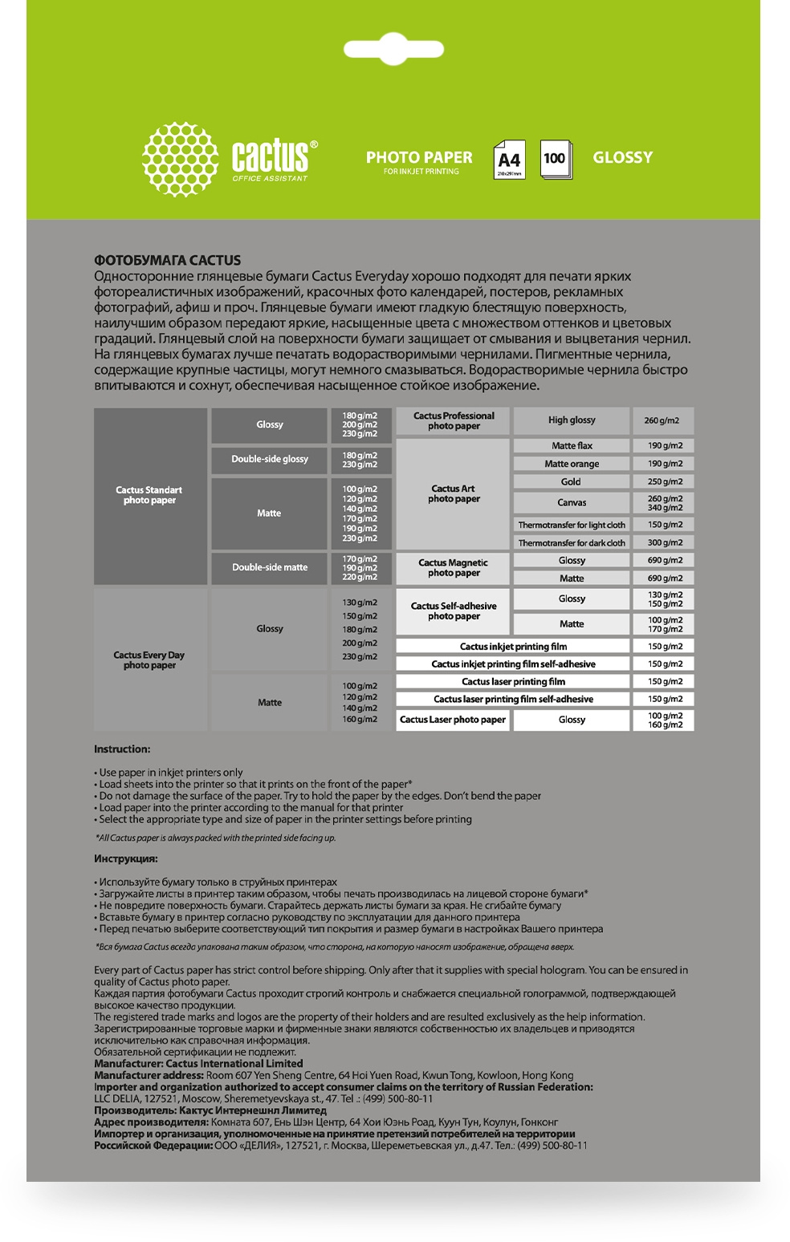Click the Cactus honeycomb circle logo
(180, 159)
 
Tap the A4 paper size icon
(509, 159)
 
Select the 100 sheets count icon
(555, 159)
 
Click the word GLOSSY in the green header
(622, 158)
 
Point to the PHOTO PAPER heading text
(419, 157)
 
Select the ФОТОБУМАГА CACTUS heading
(167, 260)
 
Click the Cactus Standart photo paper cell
(149, 495)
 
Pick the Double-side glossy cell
(270, 459)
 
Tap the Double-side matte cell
(270, 567)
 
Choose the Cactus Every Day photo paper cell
(149, 660)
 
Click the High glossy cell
(572, 420)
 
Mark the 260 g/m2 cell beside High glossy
(662, 420)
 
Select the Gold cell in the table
(571, 482)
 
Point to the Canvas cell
(572, 503)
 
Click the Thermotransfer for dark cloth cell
(572, 543)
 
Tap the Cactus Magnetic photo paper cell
(453, 568)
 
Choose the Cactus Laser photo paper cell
(453, 720)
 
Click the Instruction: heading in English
(122, 749)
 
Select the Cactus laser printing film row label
(513, 682)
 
